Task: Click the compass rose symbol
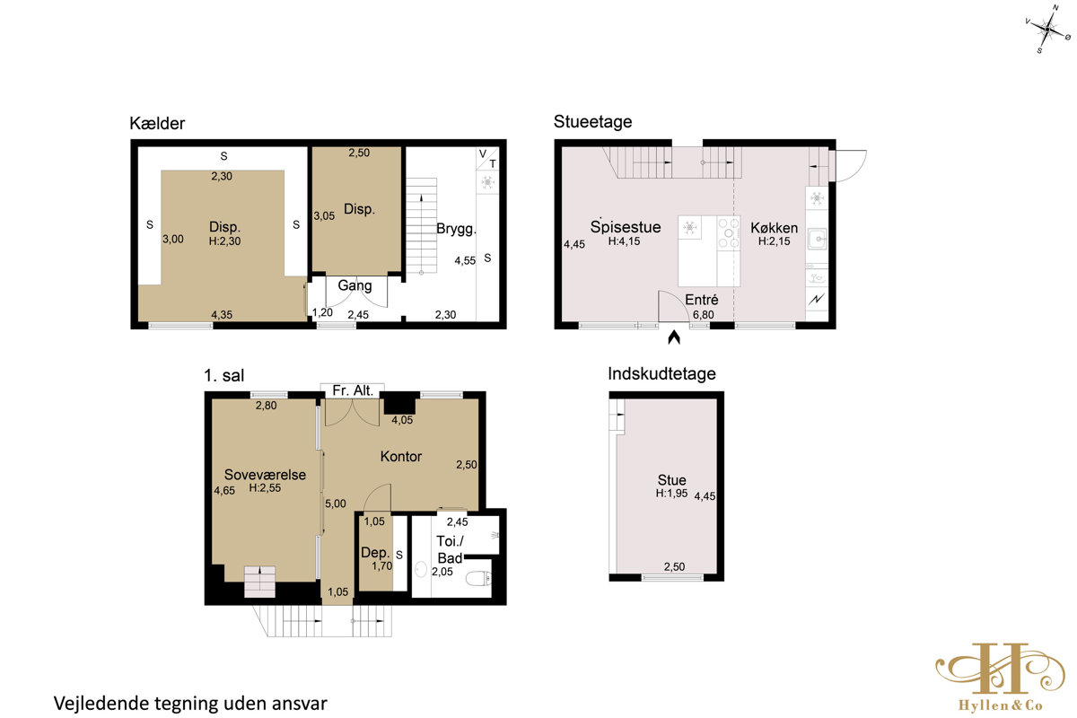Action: [1047, 30]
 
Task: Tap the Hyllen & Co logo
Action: [1000, 677]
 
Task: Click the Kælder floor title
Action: [157, 124]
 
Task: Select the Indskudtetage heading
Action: [661, 373]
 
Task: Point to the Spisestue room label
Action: [626, 226]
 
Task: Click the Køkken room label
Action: [774, 227]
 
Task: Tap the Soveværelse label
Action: [265, 475]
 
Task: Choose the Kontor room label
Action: [401, 457]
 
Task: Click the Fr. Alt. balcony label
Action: [353, 390]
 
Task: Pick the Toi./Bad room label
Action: [450, 549]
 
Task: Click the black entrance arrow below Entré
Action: [674, 337]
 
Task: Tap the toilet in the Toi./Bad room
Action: [479, 579]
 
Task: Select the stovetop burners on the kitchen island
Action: [729, 233]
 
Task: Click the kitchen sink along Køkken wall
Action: [817, 239]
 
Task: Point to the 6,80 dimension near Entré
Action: [704, 315]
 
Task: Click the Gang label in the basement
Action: [355, 285]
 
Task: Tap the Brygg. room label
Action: [456, 229]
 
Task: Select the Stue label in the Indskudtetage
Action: [671, 480]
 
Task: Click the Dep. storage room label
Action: [375, 553]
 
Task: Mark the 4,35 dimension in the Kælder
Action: [222, 315]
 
